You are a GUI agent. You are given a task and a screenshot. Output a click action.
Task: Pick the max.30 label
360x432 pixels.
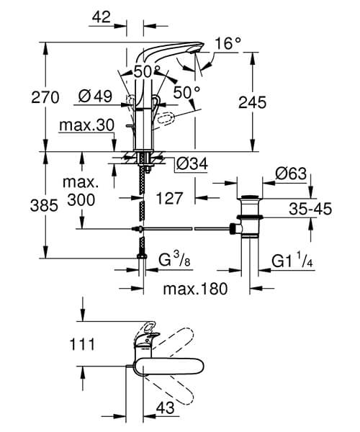(x=87, y=125)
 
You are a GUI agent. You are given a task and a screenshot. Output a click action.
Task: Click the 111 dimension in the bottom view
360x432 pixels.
(x=84, y=344)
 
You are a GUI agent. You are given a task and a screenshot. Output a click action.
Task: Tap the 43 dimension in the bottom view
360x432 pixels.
(x=166, y=408)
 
